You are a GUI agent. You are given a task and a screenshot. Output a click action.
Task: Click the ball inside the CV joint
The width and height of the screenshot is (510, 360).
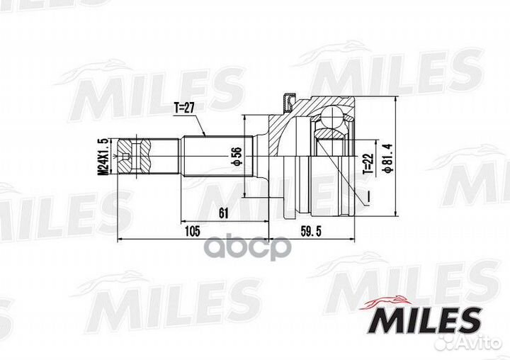pos(330,116)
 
